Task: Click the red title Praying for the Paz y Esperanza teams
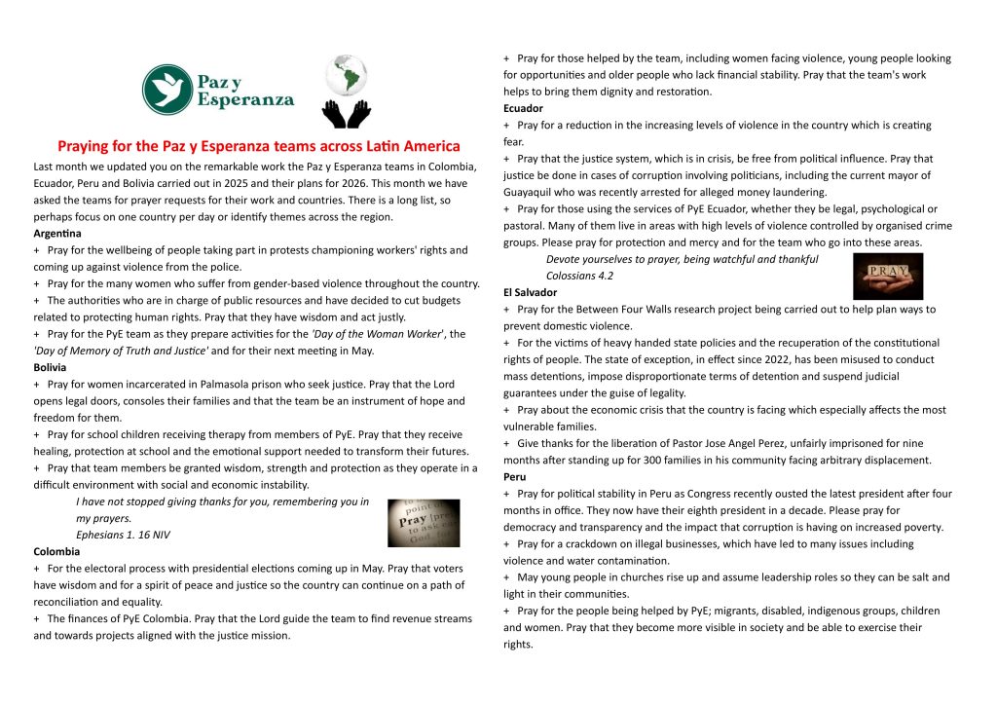[258, 146]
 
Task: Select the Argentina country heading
[57, 234]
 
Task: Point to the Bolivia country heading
[50, 367]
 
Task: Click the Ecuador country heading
[523, 108]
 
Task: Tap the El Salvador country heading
[531, 292]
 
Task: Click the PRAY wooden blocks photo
[887, 275]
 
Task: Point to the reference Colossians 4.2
[579, 276]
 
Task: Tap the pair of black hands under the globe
[348, 113]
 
